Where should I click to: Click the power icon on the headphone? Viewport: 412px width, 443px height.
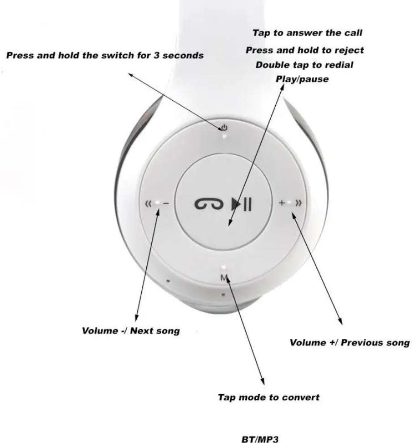(x=223, y=127)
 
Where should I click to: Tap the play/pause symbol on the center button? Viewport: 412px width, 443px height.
(x=241, y=204)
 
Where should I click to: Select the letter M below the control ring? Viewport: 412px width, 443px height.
(x=223, y=278)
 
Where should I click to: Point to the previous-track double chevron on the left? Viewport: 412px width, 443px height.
(x=148, y=204)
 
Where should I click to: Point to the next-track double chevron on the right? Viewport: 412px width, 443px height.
(x=299, y=203)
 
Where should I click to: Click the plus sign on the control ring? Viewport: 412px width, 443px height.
(x=282, y=203)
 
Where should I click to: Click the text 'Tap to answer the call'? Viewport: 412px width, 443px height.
(x=307, y=33)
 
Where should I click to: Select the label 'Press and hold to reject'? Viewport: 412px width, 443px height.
(x=304, y=50)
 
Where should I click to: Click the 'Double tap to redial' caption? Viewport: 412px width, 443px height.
(x=304, y=65)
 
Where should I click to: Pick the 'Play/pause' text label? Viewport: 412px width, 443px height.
(x=302, y=79)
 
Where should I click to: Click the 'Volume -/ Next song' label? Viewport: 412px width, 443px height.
(x=130, y=331)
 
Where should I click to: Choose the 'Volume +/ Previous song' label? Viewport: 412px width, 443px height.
(x=350, y=343)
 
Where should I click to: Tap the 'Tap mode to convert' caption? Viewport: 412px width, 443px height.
(x=268, y=397)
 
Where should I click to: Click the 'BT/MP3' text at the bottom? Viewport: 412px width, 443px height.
(x=259, y=439)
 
